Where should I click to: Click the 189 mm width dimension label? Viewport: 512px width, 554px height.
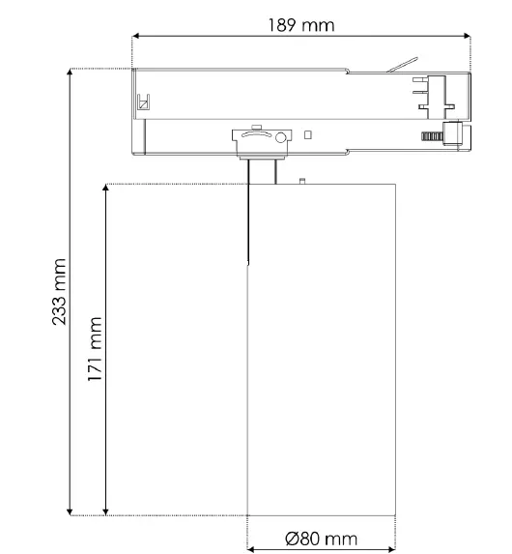click(x=301, y=24)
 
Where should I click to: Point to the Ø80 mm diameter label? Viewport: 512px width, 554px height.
click(x=322, y=538)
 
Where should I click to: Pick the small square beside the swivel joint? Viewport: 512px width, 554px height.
click(x=307, y=134)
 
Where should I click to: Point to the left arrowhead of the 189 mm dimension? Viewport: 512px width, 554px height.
click(x=136, y=37)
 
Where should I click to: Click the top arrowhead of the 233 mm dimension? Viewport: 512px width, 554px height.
click(x=71, y=73)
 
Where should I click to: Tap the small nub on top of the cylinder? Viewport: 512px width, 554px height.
click(x=302, y=179)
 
